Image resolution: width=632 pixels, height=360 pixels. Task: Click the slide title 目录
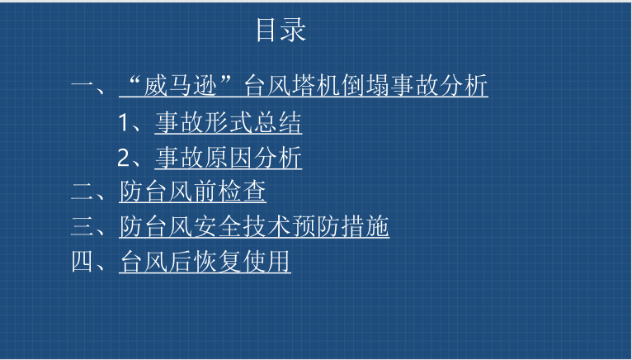click(281, 30)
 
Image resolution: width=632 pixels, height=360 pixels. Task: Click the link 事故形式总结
click(229, 123)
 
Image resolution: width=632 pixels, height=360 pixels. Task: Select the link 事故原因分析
click(229, 158)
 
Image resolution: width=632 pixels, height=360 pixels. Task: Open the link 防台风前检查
click(193, 192)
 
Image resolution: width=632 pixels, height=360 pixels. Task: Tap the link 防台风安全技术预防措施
click(254, 226)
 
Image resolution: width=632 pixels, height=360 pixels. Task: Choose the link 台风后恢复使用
click(205, 261)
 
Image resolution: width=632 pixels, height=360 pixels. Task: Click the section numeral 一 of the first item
click(83, 85)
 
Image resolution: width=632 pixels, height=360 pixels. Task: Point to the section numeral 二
click(83, 192)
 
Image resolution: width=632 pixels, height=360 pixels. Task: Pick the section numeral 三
click(83, 226)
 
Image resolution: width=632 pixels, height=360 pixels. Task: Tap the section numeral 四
click(83, 261)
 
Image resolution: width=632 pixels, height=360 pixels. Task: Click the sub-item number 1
click(123, 122)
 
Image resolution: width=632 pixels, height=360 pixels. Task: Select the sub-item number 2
click(123, 158)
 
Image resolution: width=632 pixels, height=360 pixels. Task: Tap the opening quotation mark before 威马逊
click(134, 81)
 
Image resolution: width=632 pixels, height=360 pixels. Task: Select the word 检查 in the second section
click(242, 192)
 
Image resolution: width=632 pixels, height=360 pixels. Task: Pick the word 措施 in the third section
click(366, 226)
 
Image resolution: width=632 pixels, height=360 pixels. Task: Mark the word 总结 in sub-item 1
click(278, 123)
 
